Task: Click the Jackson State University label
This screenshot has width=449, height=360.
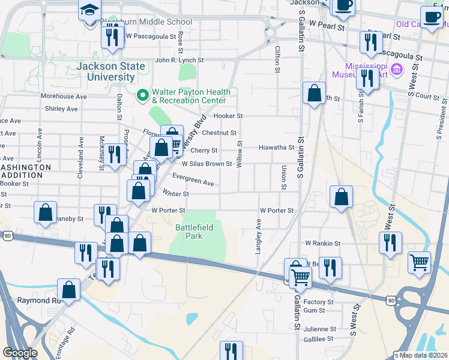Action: pyautogui.click(x=106, y=71)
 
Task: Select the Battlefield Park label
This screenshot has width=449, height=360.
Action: pyautogui.click(x=190, y=232)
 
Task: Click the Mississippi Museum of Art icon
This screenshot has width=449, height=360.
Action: pyautogui.click(x=396, y=70)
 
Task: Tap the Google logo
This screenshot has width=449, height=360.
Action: pyautogui.click(x=20, y=353)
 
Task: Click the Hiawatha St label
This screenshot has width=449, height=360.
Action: pyautogui.click(x=276, y=148)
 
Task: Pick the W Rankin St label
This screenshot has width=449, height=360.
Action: pyautogui.click(x=322, y=244)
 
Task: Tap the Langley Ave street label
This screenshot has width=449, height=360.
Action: pyautogui.click(x=259, y=236)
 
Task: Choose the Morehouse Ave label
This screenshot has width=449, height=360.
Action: pyautogui.click(x=64, y=96)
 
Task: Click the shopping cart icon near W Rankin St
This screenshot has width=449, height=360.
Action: pyautogui.click(x=419, y=262)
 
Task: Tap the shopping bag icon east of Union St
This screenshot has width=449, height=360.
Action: pyautogui.click(x=341, y=196)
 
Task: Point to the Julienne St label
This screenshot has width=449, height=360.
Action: pyautogui.click(x=319, y=329)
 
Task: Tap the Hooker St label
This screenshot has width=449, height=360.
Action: pyautogui.click(x=228, y=116)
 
